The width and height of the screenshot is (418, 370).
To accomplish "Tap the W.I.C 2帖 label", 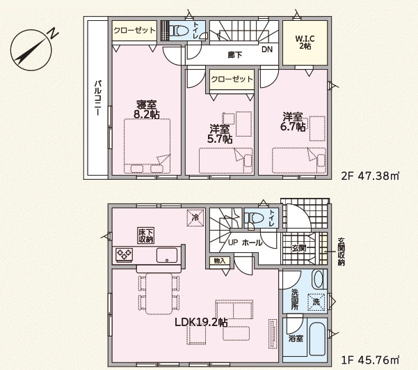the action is (x=305, y=43).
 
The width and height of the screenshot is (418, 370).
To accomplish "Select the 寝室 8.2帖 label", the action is (x=146, y=109).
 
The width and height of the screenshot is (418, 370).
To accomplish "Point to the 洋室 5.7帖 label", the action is (x=219, y=134).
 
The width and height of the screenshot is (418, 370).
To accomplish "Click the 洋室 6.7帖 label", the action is (x=292, y=122).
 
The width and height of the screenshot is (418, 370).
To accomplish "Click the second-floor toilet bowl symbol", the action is (x=176, y=31).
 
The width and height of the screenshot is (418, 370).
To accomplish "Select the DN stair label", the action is (x=267, y=49).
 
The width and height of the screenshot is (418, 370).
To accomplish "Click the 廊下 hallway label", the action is (x=235, y=55).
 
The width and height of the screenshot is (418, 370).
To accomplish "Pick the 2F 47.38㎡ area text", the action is (x=370, y=176).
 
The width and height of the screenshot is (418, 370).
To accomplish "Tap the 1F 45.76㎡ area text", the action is (x=370, y=360).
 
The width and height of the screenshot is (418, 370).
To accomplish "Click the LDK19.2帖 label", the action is (x=201, y=323).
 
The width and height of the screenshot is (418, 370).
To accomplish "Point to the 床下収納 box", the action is (x=146, y=236).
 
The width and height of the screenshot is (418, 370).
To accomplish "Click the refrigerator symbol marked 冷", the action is (x=195, y=217).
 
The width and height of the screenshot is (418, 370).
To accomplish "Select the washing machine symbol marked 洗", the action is (x=316, y=302).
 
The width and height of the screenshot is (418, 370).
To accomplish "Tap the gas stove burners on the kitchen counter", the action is (x=124, y=254).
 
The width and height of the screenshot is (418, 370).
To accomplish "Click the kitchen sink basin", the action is (x=167, y=255).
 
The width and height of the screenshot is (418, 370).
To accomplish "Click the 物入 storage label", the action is (x=220, y=261).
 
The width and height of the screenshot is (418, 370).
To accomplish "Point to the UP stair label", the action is (x=233, y=243).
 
